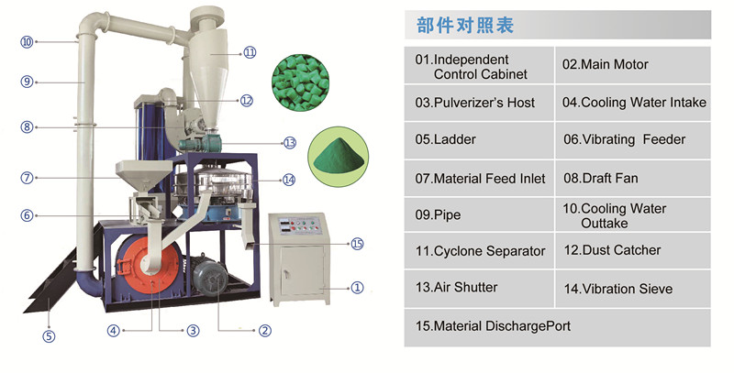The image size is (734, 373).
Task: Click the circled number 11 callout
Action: point(250,51)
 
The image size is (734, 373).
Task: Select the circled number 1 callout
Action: point(358,287)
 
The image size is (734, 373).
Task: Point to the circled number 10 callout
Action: point(27,41)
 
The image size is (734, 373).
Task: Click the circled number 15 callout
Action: point(358,244)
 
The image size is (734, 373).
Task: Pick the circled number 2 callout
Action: point(264,331)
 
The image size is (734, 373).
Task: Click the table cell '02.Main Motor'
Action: point(633,65)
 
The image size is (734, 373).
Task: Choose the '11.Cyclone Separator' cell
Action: point(480,251)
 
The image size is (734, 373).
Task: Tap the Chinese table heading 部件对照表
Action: point(465,25)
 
